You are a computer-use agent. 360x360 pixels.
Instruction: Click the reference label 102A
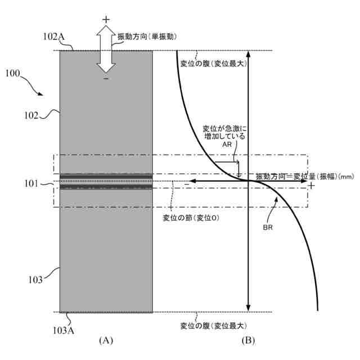(x=54, y=37)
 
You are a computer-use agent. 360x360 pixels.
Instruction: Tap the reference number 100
(x=13, y=74)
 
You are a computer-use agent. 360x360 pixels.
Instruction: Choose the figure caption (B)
(x=248, y=341)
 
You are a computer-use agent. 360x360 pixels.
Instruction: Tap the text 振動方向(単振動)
(x=147, y=36)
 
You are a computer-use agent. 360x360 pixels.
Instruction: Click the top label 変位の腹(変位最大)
(x=213, y=64)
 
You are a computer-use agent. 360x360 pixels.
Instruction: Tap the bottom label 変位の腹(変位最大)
(x=213, y=325)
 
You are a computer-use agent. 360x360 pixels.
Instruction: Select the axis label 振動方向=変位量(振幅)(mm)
(x=304, y=177)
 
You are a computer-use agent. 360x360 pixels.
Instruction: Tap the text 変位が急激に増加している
(x=224, y=132)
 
